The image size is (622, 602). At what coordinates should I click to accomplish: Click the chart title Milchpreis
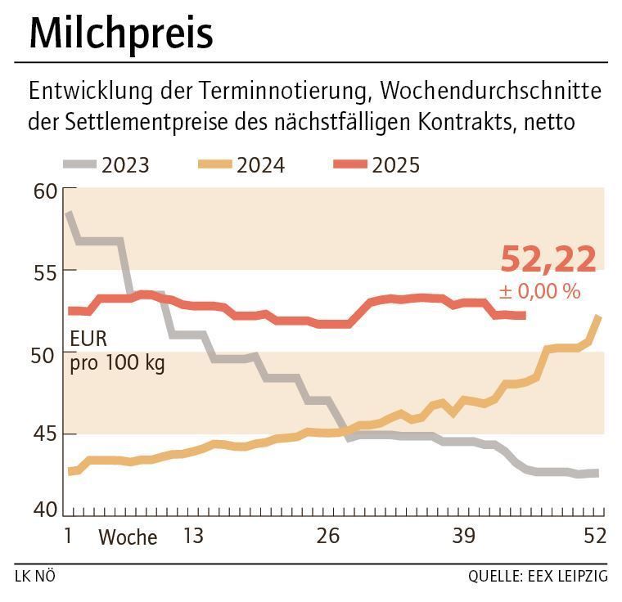pyautogui.click(x=121, y=34)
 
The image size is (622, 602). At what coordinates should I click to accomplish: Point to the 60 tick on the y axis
pyautogui.click(x=46, y=191)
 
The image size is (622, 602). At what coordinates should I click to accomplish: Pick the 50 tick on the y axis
pyautogui.click(x=46, y=353)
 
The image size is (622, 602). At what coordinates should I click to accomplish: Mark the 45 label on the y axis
pyautogui.click(x=46, y=434)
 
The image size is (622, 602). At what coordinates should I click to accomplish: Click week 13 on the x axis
pyautogui.click(x=192, y=537)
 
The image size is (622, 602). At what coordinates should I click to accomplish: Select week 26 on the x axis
pyautogui.click(x=328, y=537)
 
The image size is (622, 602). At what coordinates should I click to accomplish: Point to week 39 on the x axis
pyautogui.click(x=464, y=537)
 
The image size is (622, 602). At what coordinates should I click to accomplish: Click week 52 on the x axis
pyautogui.click(x=594, y=537)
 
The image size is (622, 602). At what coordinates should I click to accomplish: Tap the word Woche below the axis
pyautogui.click(x=128, y=537)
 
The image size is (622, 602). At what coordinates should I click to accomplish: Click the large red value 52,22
pyautogui.click(x=548, y=259)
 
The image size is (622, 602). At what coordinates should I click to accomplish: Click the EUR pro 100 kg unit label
pyautogui.click(x=117, y=350)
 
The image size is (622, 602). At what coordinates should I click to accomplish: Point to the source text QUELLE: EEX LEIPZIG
pyautogui.click(x=538, y=577)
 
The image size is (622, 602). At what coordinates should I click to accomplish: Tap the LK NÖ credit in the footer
pyautogui.click(x=35, y=577)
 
